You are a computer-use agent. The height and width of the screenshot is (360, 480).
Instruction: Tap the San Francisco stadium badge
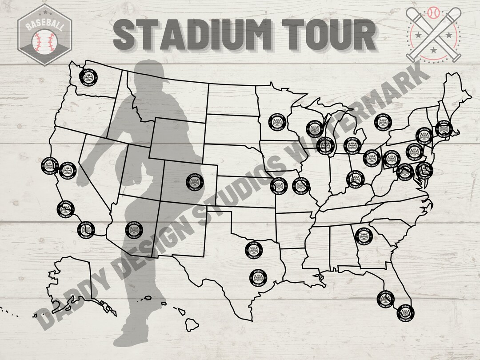tap(48, 164)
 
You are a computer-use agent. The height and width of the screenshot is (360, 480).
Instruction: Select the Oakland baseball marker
tap(68, 170)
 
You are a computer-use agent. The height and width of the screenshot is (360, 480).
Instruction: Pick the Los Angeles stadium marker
tap(65, 208)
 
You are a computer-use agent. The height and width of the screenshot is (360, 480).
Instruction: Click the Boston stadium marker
tap(443, 129)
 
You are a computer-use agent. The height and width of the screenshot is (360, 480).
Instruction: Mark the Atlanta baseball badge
tap(362, 234)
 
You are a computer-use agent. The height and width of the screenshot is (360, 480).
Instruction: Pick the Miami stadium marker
tap(406, 312)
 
